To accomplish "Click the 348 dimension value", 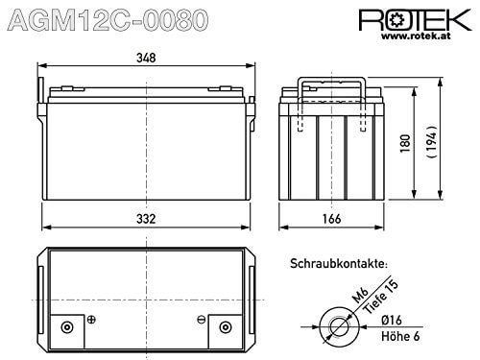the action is (146, 58).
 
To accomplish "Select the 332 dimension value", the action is (146, 219).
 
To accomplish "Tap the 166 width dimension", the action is (331, 219).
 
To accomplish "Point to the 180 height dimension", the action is (405, 143).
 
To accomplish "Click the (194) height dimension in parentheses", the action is (432, 141).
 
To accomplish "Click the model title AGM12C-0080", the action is (108, 20).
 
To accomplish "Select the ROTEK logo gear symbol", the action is (397, 20).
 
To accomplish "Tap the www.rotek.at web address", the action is (416, 36).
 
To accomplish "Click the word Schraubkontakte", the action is (339, 264).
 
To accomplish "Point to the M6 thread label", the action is (361, 295).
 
